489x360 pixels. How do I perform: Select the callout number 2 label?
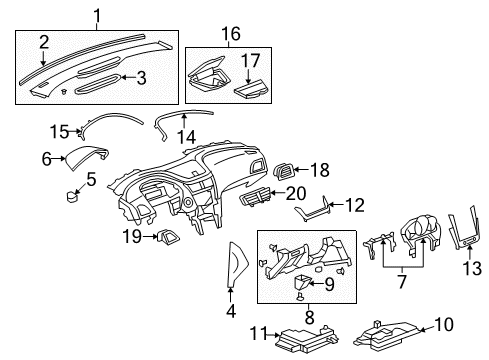coord(44,41)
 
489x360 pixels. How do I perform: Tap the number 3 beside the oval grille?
coord(141,77)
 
